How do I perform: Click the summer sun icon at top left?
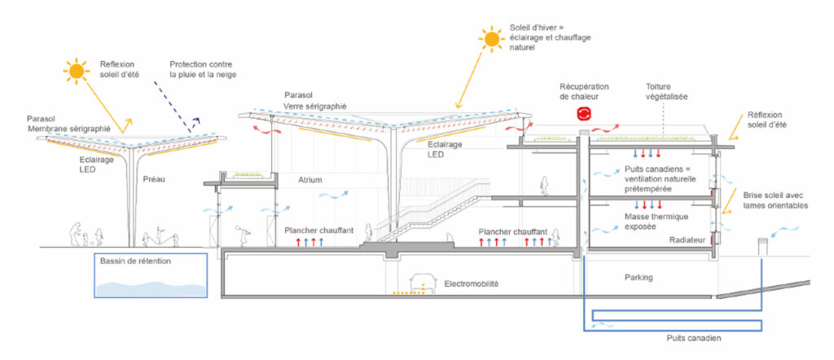pyautogui.click(x=77, y=72)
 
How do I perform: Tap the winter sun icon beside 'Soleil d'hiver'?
pyautogui.click(x=491, y=37)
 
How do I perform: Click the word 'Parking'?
pyautogui.click(x=638, y=278)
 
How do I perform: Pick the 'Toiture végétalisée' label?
pyautogui.click(x=667, y=91)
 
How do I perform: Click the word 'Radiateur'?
pyautogui.click(x=686, y=240)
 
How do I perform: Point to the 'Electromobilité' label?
pyautogui.click(x=472, y=284)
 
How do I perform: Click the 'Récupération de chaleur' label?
pyautogui.click(x=584, y=91)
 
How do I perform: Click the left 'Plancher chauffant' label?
pyautogui.click(x=318, y=230)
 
